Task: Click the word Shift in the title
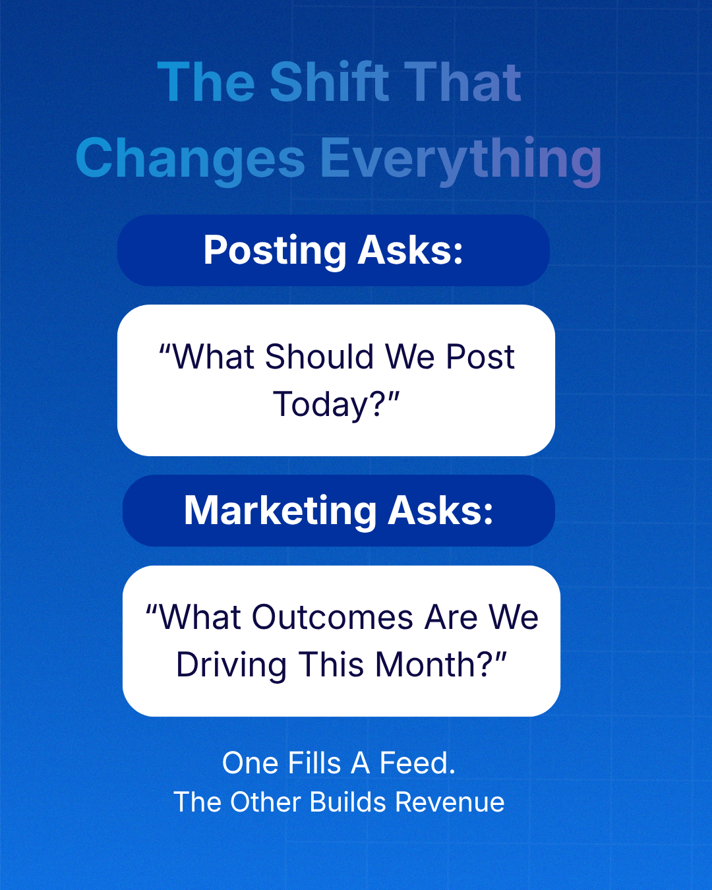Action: pos(330,82)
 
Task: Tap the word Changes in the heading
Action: pos(191,158)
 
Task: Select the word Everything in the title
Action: pos(461,160)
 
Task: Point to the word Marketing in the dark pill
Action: pos(280,511)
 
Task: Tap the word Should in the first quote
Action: pos(319,357)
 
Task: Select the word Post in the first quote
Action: pos(480,357)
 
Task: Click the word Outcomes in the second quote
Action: pos(333,617)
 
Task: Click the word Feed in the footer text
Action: pos(414,763)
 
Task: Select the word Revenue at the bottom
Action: pos(450,802)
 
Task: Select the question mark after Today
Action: pos(377,403)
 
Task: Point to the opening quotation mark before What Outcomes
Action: pos(152,610)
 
